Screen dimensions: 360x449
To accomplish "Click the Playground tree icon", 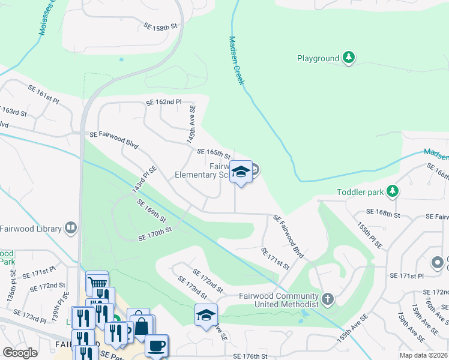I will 349,58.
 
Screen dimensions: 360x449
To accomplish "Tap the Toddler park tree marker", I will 393,191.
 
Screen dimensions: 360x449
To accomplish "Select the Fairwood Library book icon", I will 71,228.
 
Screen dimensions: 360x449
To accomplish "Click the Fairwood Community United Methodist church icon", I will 327,298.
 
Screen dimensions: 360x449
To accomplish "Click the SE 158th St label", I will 161,27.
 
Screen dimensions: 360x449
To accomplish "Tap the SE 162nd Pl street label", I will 163,103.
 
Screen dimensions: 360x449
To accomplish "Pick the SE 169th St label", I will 151,211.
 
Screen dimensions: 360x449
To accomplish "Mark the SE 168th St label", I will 384,214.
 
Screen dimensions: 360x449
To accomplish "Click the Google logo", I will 20,353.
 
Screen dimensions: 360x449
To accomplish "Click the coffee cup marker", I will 157,346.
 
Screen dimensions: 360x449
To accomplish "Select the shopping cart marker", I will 97,282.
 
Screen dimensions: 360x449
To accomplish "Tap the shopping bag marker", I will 142,325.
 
